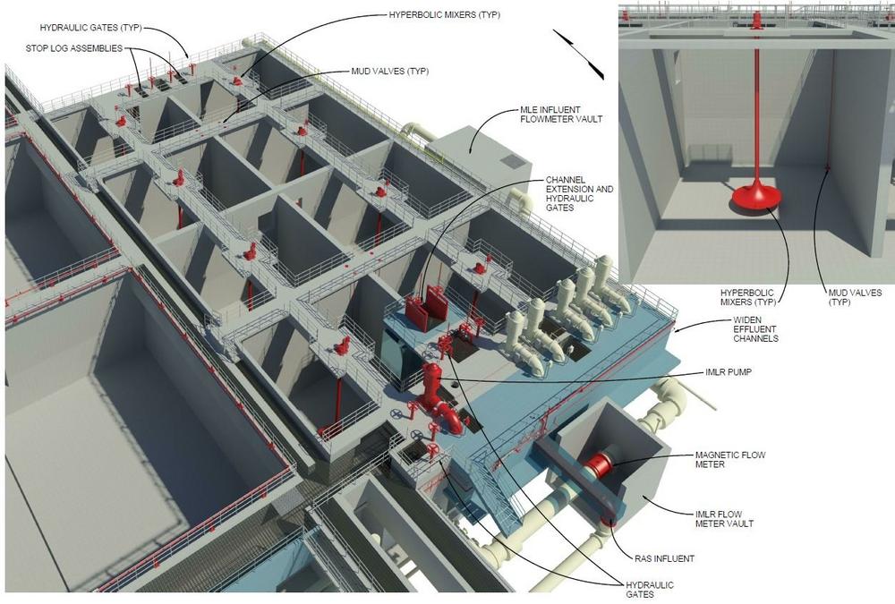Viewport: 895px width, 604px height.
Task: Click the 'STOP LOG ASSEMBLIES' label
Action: [73, 48]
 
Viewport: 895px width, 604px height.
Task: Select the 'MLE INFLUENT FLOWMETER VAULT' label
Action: [561, 115]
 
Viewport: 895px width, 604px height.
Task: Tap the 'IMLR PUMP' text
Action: [729, 372]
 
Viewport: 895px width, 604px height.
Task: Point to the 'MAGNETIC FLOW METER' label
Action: [730, 460]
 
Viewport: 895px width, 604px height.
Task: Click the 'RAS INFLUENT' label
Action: [664, 558]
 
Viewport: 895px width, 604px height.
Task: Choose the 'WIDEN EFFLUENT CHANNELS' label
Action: [755, 328]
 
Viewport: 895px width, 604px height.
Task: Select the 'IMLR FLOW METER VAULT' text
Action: [724, 518]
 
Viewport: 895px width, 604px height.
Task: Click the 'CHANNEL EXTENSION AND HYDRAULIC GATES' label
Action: [579, 193]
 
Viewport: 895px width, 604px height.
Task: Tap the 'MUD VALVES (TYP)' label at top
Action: [390, 72]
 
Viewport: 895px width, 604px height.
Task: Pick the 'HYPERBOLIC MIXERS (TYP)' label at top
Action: [444, 15]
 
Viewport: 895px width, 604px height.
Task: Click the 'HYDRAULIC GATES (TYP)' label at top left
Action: [90, 28]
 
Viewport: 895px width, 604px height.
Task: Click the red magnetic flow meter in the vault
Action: [599, 464]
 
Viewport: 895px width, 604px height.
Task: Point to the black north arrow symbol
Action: [578, 53]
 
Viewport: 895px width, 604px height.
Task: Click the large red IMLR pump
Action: [437, 396]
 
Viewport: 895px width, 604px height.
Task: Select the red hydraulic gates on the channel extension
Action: [426, 309]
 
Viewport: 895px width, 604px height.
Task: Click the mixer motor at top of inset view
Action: [757, 21]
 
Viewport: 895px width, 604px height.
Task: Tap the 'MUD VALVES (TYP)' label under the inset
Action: [855, 297]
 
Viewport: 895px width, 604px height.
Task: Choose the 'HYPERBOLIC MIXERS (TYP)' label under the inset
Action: [747, 297]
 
